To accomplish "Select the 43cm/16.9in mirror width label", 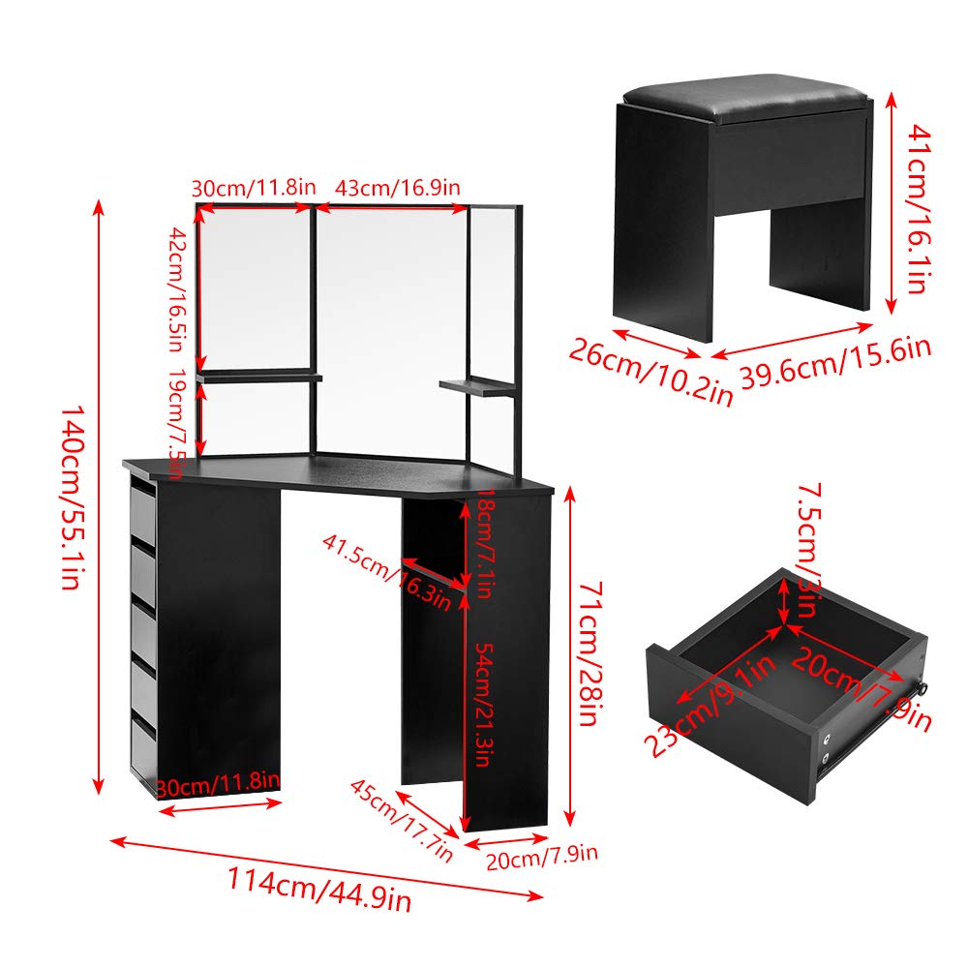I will [396, 188].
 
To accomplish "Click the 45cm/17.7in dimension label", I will [403, 818].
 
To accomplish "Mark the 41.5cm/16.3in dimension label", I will [387, 571].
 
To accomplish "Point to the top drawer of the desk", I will [141, 513].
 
